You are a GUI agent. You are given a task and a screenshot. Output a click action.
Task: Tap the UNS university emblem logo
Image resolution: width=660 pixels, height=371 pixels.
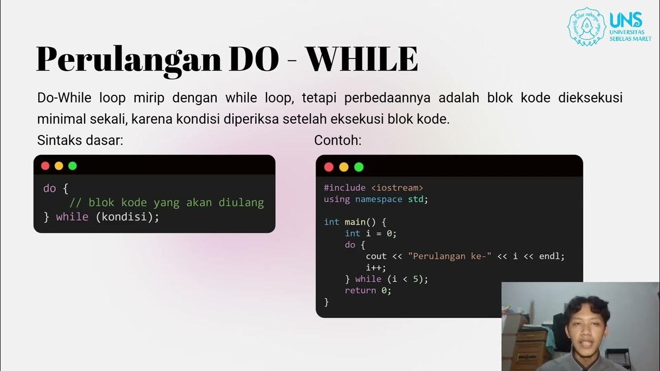(x=587, y=26)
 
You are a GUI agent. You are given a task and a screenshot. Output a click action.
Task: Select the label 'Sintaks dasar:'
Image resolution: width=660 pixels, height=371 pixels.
(x=80, y=140)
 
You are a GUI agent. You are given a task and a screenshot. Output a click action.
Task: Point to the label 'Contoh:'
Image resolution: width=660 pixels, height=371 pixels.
(x=338, y=140)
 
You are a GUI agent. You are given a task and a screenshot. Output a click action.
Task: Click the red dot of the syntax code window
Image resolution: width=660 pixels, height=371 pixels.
(x=45, y=166)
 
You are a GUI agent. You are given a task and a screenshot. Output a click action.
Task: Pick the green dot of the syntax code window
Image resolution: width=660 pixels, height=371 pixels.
(x=72, y=166)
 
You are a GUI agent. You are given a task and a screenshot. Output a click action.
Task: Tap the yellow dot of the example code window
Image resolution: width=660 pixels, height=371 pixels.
(x=344, y=167)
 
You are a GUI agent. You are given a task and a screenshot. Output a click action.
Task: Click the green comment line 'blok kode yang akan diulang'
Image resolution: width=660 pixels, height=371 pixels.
(x=167, y=203)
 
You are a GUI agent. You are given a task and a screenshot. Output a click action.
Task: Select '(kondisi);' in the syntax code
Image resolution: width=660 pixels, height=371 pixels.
(x=127, y=217)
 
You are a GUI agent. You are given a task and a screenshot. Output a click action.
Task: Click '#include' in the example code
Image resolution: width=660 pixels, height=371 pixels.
(x=344, y=188)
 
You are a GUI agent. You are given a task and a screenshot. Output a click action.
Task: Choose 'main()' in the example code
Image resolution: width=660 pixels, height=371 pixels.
(x=362, y=222)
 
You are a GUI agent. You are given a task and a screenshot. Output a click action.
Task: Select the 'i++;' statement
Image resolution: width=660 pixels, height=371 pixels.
(x=376, y=267)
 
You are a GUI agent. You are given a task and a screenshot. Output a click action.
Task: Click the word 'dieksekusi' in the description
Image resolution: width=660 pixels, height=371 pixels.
(x=590, y=98)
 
